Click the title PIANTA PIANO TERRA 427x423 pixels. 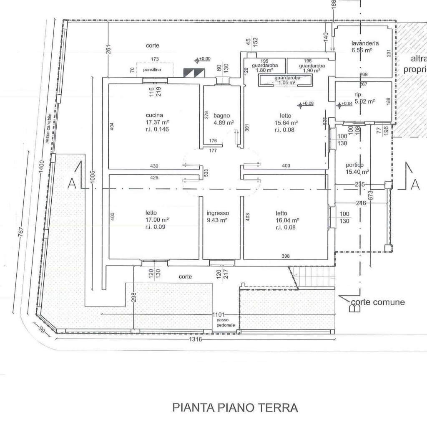click(235, 407)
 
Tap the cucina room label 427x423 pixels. click(154, 115)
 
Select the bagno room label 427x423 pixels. click(221, 116)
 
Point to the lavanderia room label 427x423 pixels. click(364, 43)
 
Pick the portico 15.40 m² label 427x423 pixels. click(354, 168)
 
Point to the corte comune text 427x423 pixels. click(377, 302)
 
